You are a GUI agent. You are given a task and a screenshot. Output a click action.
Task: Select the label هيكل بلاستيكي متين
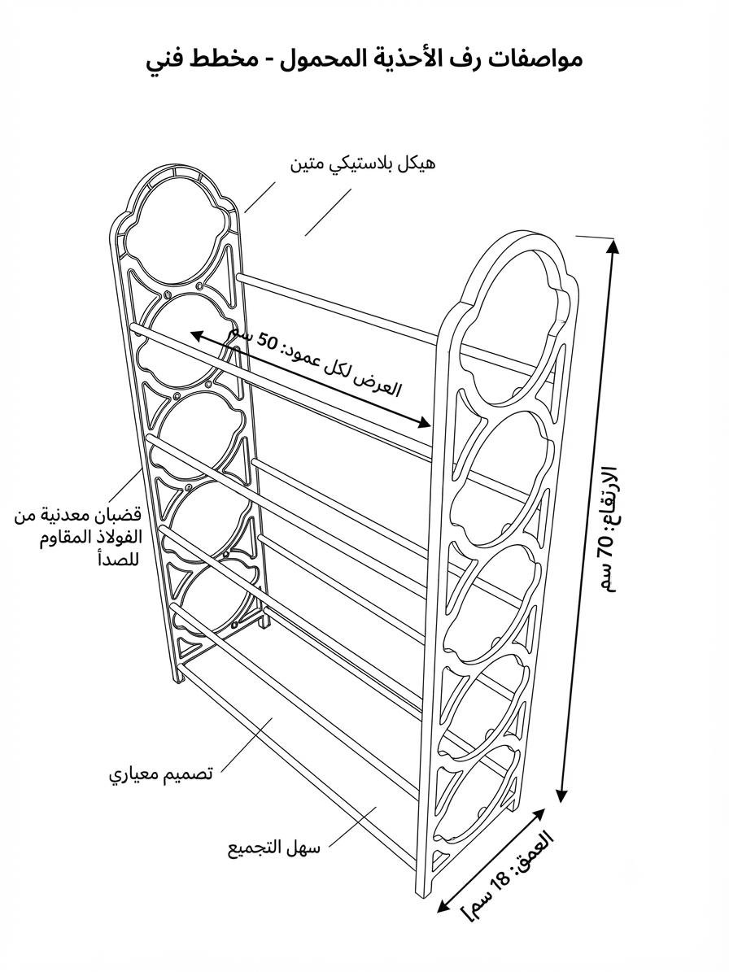click(x=363, y=164)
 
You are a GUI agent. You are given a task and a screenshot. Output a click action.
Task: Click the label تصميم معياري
click(x=162, y=775)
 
